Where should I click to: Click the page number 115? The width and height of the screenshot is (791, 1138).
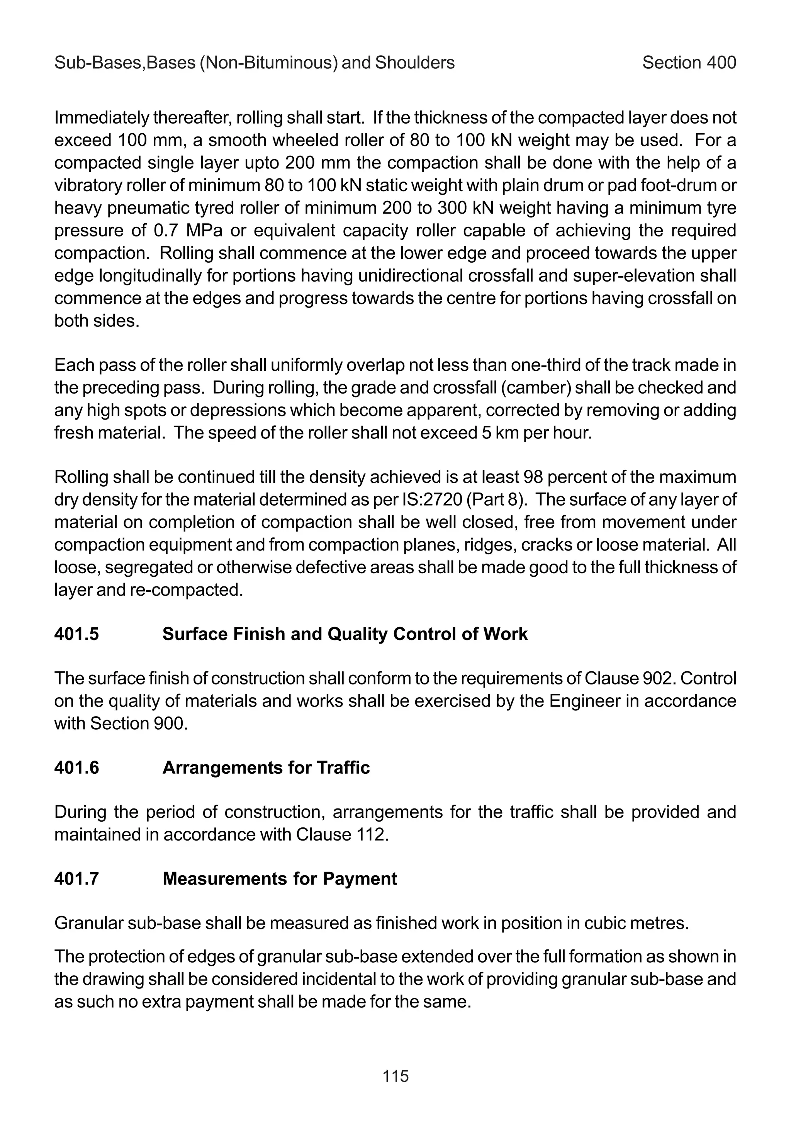(395, 1076)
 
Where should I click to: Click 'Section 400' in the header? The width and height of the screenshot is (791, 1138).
(689, 63)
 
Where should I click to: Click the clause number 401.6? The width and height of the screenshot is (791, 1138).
(76, 768)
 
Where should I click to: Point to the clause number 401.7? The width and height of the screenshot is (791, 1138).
(76, 879)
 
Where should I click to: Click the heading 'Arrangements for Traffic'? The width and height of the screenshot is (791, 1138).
(266, 768)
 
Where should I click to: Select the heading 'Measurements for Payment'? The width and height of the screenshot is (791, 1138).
(280, 879)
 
